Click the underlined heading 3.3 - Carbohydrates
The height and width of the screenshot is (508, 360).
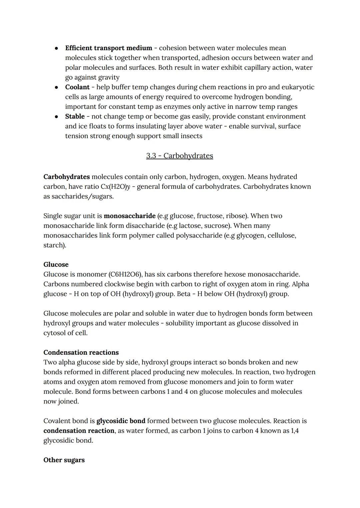click(x=179, y=156)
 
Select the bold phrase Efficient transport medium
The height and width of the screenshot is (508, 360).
click(x=109, y=48)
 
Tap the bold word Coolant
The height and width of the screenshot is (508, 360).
click(x=77, y=87)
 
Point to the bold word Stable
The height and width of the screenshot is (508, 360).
click(x=75, y=117)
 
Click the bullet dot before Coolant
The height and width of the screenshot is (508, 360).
click(x=57, y=87)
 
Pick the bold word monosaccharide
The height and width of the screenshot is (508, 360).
click(x=130, y=216)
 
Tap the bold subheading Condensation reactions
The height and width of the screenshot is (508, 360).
click(x=81, y=352)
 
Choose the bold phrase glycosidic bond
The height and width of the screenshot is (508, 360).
click(x=121, y=421)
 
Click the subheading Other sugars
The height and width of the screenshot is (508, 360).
click(x=64, y=460)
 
